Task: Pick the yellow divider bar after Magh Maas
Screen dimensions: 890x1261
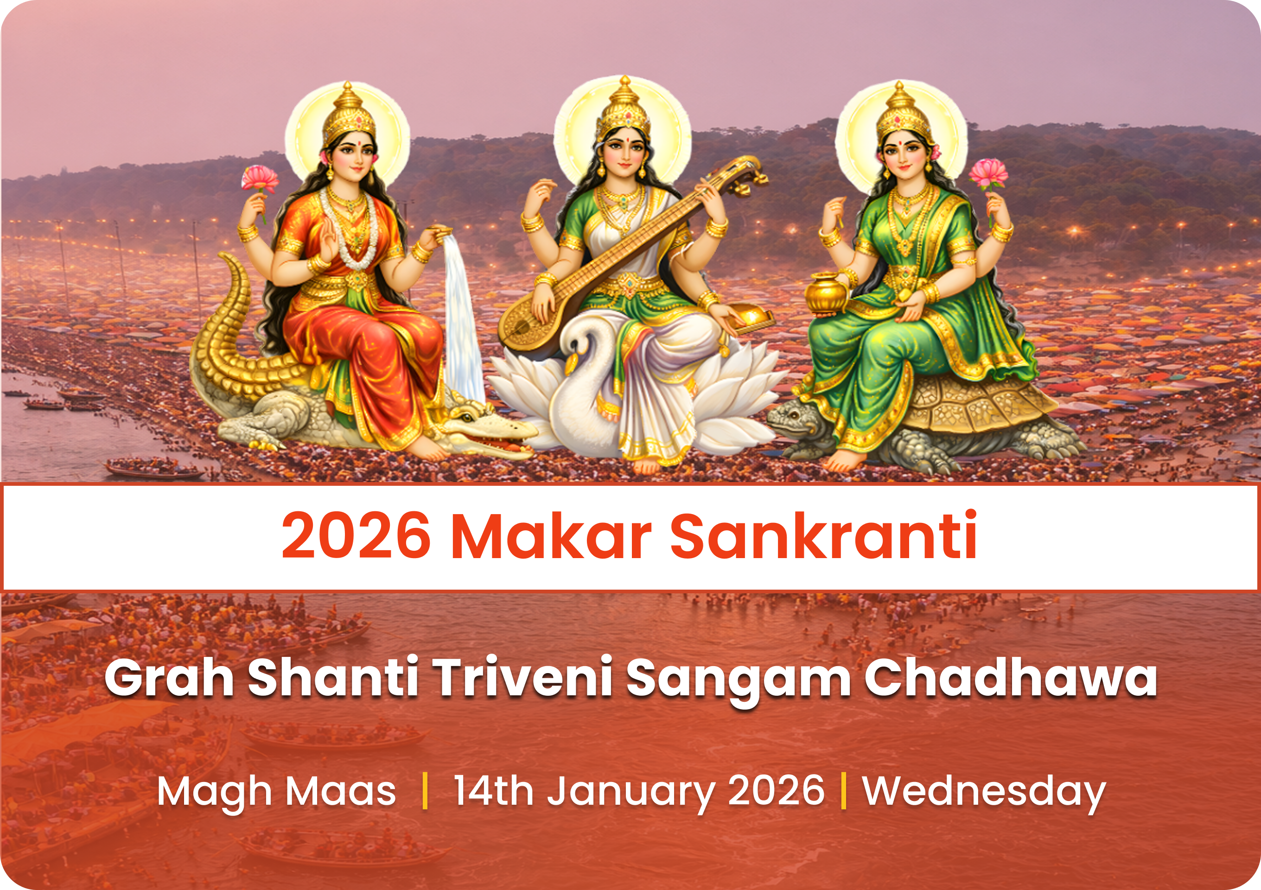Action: coord(425,791)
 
